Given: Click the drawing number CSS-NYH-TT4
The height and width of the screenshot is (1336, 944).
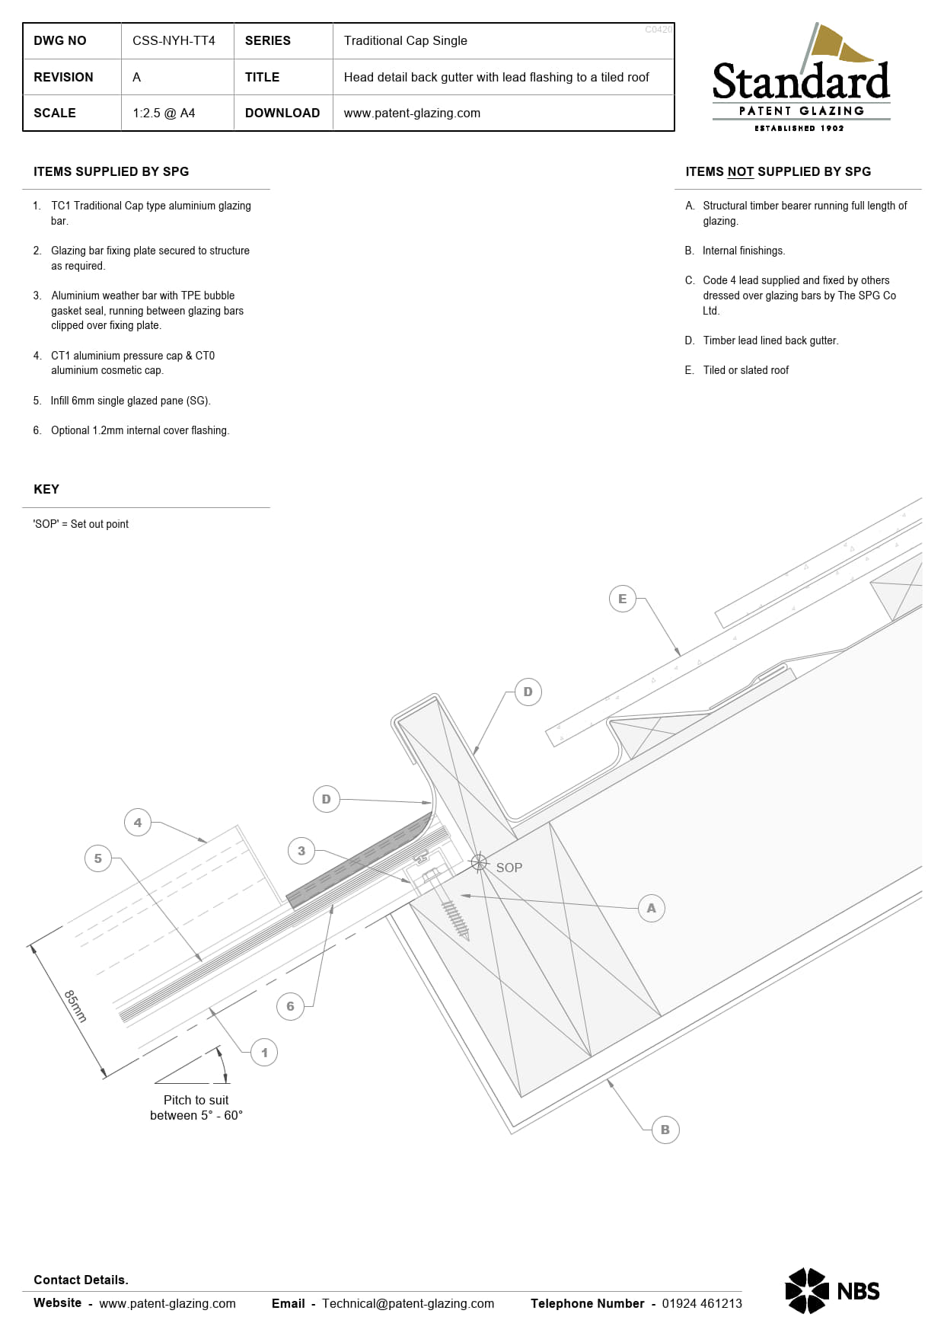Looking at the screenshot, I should [x=174, y=40].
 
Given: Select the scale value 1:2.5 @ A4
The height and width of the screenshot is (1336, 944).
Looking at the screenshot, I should [x=164, y=113].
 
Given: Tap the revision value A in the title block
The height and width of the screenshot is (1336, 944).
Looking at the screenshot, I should [x=136, y=77].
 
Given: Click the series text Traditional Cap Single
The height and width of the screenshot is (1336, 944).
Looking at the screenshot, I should [x=405, y=40].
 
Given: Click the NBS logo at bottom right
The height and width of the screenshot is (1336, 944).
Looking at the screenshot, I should [x=832, y=1290].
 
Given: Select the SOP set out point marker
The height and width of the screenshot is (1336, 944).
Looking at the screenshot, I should [x=479, y=862].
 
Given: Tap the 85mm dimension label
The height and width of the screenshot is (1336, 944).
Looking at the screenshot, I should [x=75, y=1005].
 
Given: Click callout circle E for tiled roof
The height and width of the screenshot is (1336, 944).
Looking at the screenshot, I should [x=622, y=599].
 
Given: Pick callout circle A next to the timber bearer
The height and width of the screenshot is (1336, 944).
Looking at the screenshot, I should [x=651, y=908].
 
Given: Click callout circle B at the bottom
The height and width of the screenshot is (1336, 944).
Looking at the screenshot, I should [x=665, y=1130].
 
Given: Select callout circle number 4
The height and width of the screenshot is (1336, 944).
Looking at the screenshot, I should [x=137, y=823].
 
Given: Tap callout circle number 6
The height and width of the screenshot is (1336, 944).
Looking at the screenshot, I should [x=290, y=1006].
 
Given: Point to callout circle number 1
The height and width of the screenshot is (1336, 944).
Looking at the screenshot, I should [x=264, y=1053].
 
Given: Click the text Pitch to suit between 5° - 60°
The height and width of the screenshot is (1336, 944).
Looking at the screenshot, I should [x=196, y=1107].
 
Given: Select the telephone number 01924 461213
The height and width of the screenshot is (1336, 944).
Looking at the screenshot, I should [x=701, y=1303].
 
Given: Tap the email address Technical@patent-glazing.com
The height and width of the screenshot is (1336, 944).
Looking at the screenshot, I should [x=408, y=1303].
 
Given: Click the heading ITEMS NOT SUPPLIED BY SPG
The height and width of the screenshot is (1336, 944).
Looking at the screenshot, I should [x=777, y=171].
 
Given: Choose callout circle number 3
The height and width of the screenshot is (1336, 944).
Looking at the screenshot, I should [x=301, y=851].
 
